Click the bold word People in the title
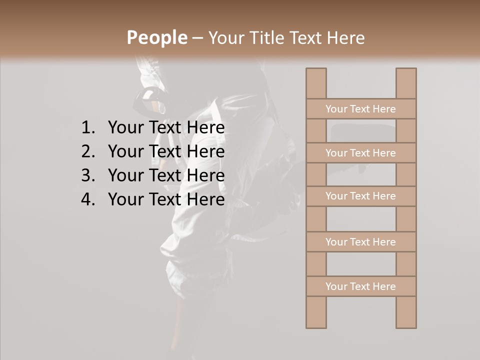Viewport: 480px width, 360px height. point(156,37)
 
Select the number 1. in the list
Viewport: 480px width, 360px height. point(87,128)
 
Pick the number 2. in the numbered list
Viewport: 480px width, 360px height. point(87,151)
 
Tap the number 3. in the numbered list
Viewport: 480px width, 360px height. point(87,175)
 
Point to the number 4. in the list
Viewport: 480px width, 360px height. point(87,199)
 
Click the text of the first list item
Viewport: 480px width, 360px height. point(166,128)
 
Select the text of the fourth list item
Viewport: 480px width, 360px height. point(166,199)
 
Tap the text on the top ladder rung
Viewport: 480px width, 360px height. point(360,109)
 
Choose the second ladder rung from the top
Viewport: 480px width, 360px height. point(360,153)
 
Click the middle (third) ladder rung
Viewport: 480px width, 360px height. point(360,196)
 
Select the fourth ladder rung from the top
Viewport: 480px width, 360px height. point(360,242)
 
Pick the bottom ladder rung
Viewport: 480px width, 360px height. point(360,286)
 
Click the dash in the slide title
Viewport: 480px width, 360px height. point(197,38)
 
